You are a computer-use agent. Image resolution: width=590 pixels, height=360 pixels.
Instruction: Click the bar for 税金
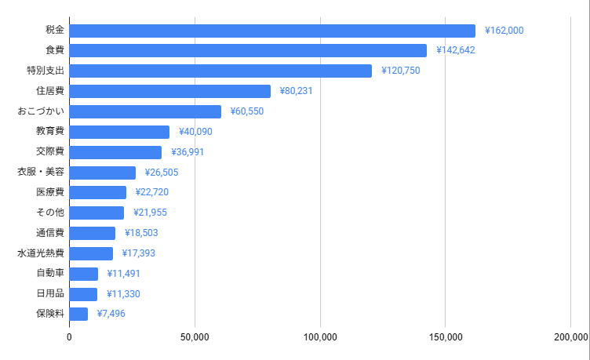[272, 31]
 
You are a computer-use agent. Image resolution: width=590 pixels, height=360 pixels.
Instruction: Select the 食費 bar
[248, 50]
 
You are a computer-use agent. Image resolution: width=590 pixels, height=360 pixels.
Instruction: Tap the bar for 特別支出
[220, 71]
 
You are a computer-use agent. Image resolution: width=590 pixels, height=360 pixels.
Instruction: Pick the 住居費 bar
[170, 91]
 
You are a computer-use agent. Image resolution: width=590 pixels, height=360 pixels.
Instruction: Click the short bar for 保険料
[78, 314]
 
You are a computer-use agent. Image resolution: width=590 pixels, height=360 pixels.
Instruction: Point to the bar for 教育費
[119, 132]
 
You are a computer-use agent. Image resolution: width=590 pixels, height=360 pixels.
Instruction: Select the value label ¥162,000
[504, 31]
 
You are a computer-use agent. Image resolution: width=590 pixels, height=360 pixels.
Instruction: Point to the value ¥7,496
[111, 314]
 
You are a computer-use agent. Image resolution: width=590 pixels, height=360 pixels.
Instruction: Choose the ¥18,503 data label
[141, 233]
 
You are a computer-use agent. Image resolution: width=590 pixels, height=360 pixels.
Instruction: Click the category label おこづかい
[41, 111]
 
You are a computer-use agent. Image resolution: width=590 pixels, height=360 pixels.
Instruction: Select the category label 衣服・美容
[41, 173]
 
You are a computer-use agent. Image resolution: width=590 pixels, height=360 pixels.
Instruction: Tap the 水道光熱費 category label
[41, 253]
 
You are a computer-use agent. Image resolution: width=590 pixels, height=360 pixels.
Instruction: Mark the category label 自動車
[50, 274]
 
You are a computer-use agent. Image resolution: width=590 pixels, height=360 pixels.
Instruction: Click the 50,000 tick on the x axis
[195, 337]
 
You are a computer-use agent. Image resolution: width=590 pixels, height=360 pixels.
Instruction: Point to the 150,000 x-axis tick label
[446, 337]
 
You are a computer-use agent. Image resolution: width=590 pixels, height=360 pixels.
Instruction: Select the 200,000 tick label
[570, 337]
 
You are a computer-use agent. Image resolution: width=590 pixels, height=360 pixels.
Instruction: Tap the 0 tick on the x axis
[69, 337]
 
